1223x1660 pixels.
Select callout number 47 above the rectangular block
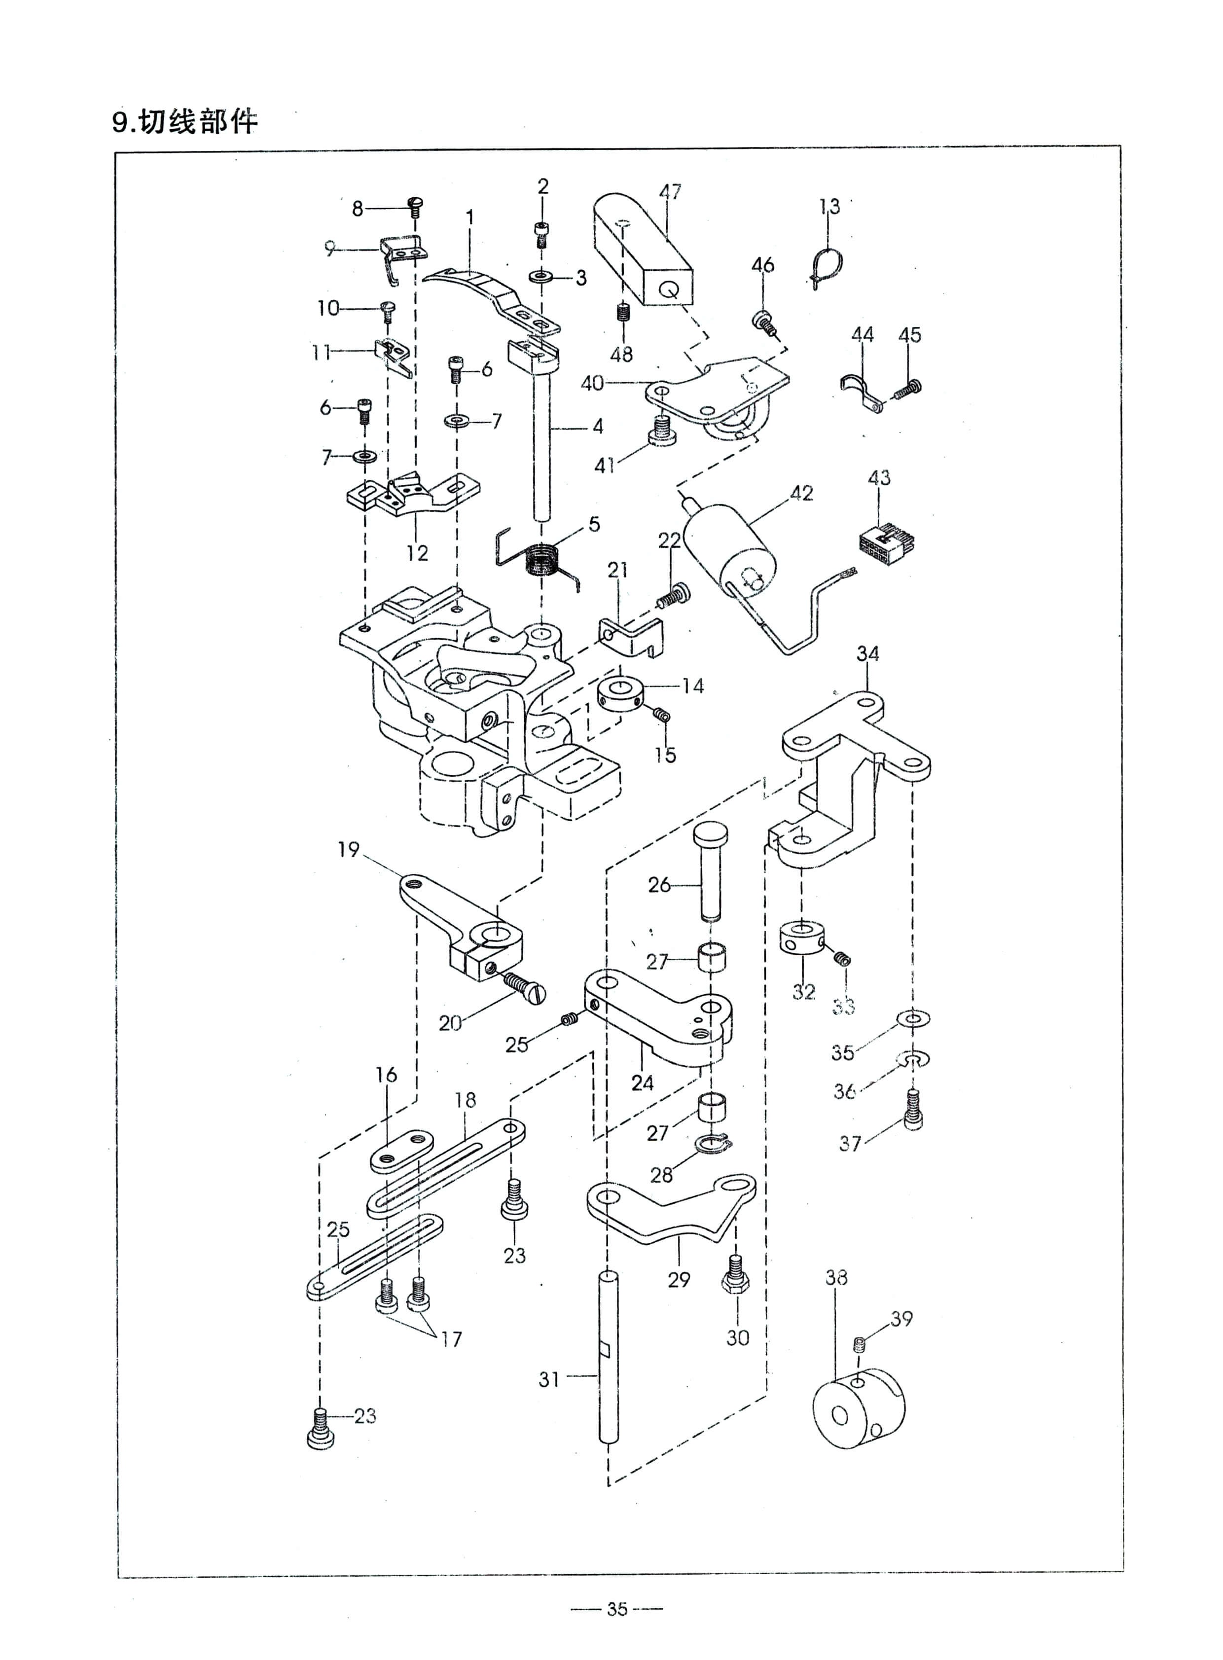pyautogui.click(x=670, y=192)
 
